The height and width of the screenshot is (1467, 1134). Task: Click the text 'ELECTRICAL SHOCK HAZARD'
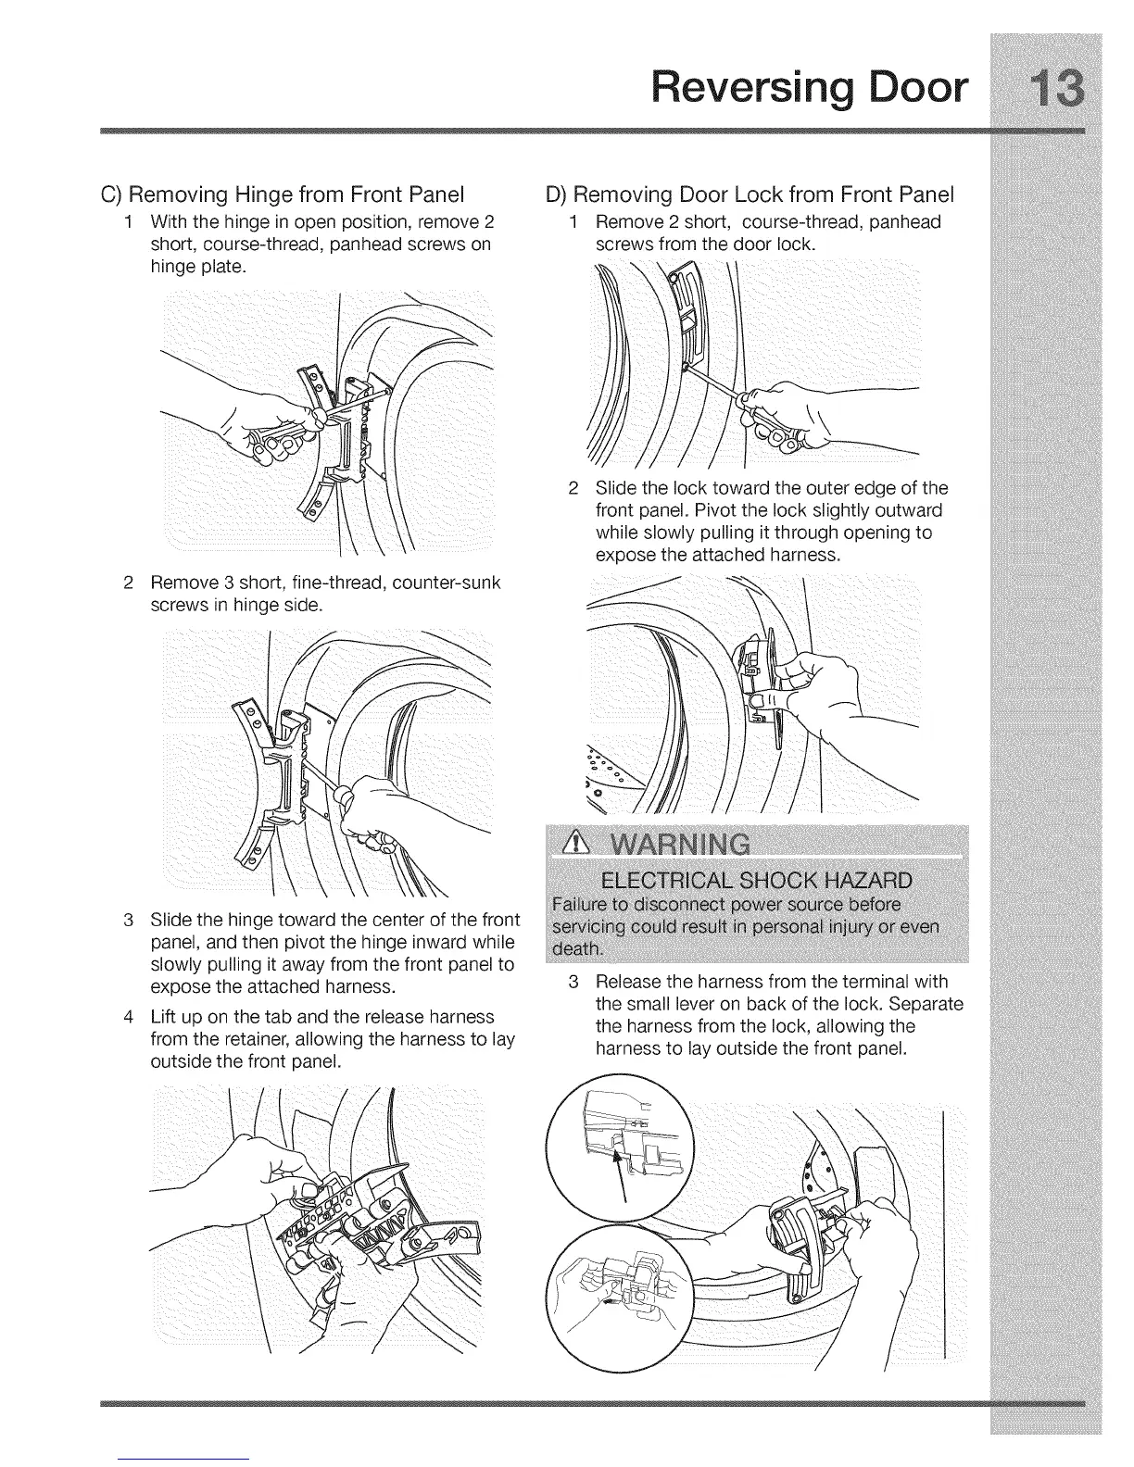[756, 879]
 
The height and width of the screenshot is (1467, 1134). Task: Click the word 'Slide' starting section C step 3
[170, 920]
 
